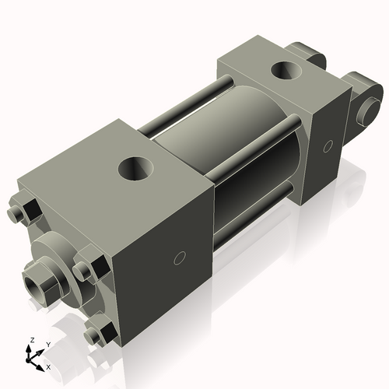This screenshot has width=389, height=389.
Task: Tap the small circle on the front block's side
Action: tap(180, 258)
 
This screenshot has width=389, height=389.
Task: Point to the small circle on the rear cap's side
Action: tap(328, 145)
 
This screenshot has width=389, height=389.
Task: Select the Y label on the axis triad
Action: tap(47, 343)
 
